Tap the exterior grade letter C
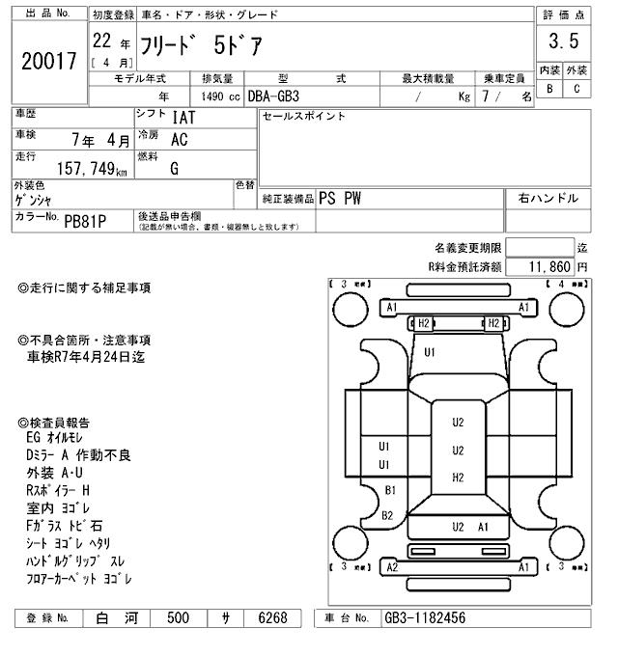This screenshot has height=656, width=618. (576, 89)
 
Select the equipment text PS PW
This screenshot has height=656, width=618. (341, 199)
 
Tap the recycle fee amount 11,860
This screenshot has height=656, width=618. (549, 266)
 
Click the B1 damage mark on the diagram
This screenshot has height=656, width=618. (391, 491)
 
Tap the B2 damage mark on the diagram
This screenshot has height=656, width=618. (387, 515)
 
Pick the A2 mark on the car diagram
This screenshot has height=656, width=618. (393, 567)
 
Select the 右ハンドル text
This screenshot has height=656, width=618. (548, 199)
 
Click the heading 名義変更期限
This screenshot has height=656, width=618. (467, 248)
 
